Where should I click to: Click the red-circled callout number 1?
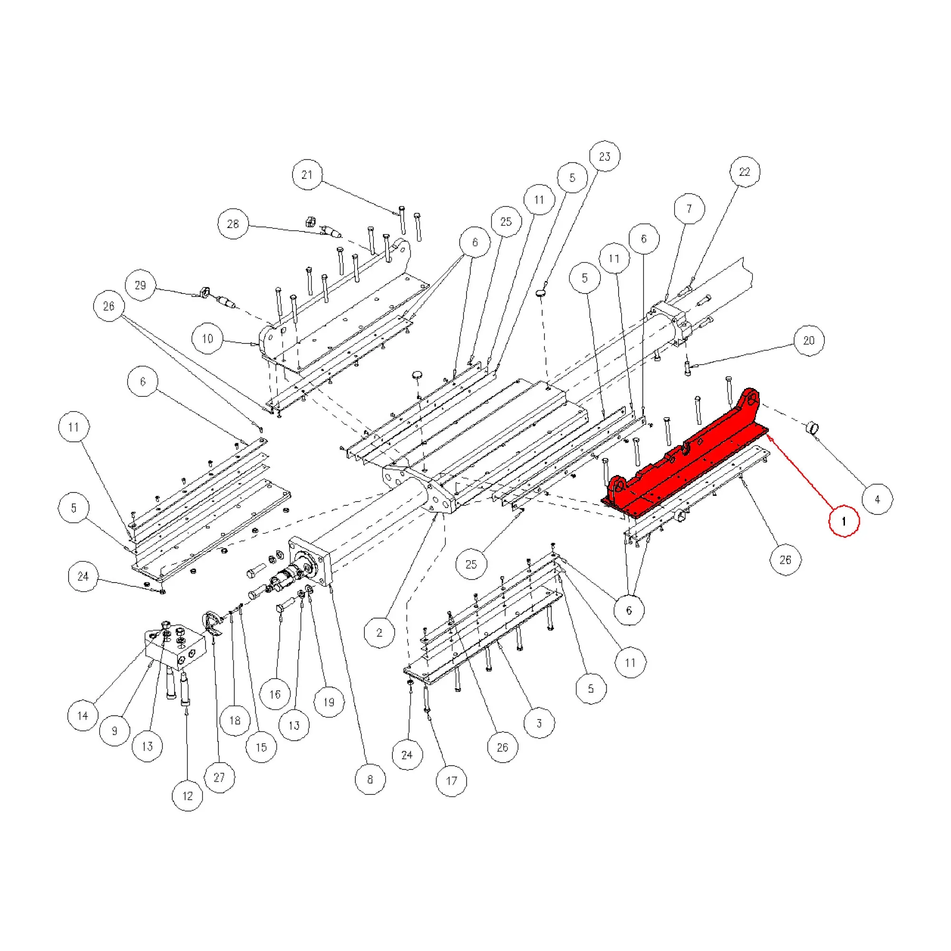pos(844,521)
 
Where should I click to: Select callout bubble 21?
pos(308,175)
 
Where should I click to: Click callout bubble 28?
pos(233,224)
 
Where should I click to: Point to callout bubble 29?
pos(140,285)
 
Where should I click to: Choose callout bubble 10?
pos(207,339)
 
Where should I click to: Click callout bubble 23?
pos(604,156)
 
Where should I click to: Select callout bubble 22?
pos(744,172)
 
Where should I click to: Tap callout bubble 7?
pos(689,208)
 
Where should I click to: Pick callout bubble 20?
pos(809,340)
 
